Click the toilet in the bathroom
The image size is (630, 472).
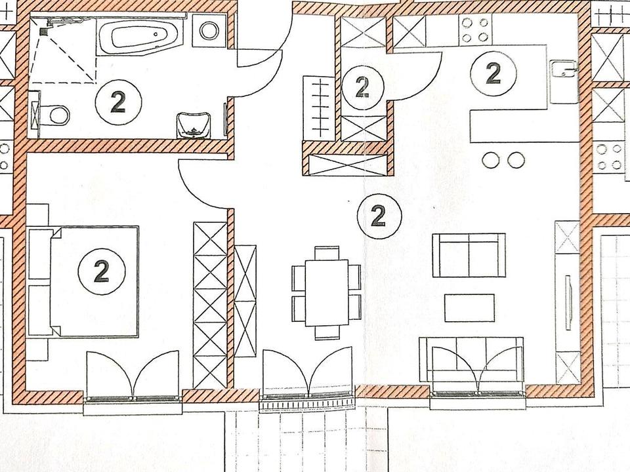tap(55, 115)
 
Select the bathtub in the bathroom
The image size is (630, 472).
tap(142, 37)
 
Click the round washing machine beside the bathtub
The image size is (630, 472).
tap(210, 31)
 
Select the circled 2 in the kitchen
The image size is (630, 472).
tap(493, 73)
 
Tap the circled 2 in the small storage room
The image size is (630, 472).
tap(361, 85)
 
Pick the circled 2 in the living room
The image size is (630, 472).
tap(377, 215)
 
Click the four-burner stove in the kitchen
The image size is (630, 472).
tap(475, 29)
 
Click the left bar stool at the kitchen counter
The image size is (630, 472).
tap(490, 159)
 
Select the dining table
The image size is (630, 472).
tap(326, 292)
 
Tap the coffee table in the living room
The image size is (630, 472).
tap(469, 307)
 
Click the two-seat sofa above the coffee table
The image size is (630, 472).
tap(469, 255)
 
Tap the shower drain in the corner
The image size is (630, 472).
tap(44, 30)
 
